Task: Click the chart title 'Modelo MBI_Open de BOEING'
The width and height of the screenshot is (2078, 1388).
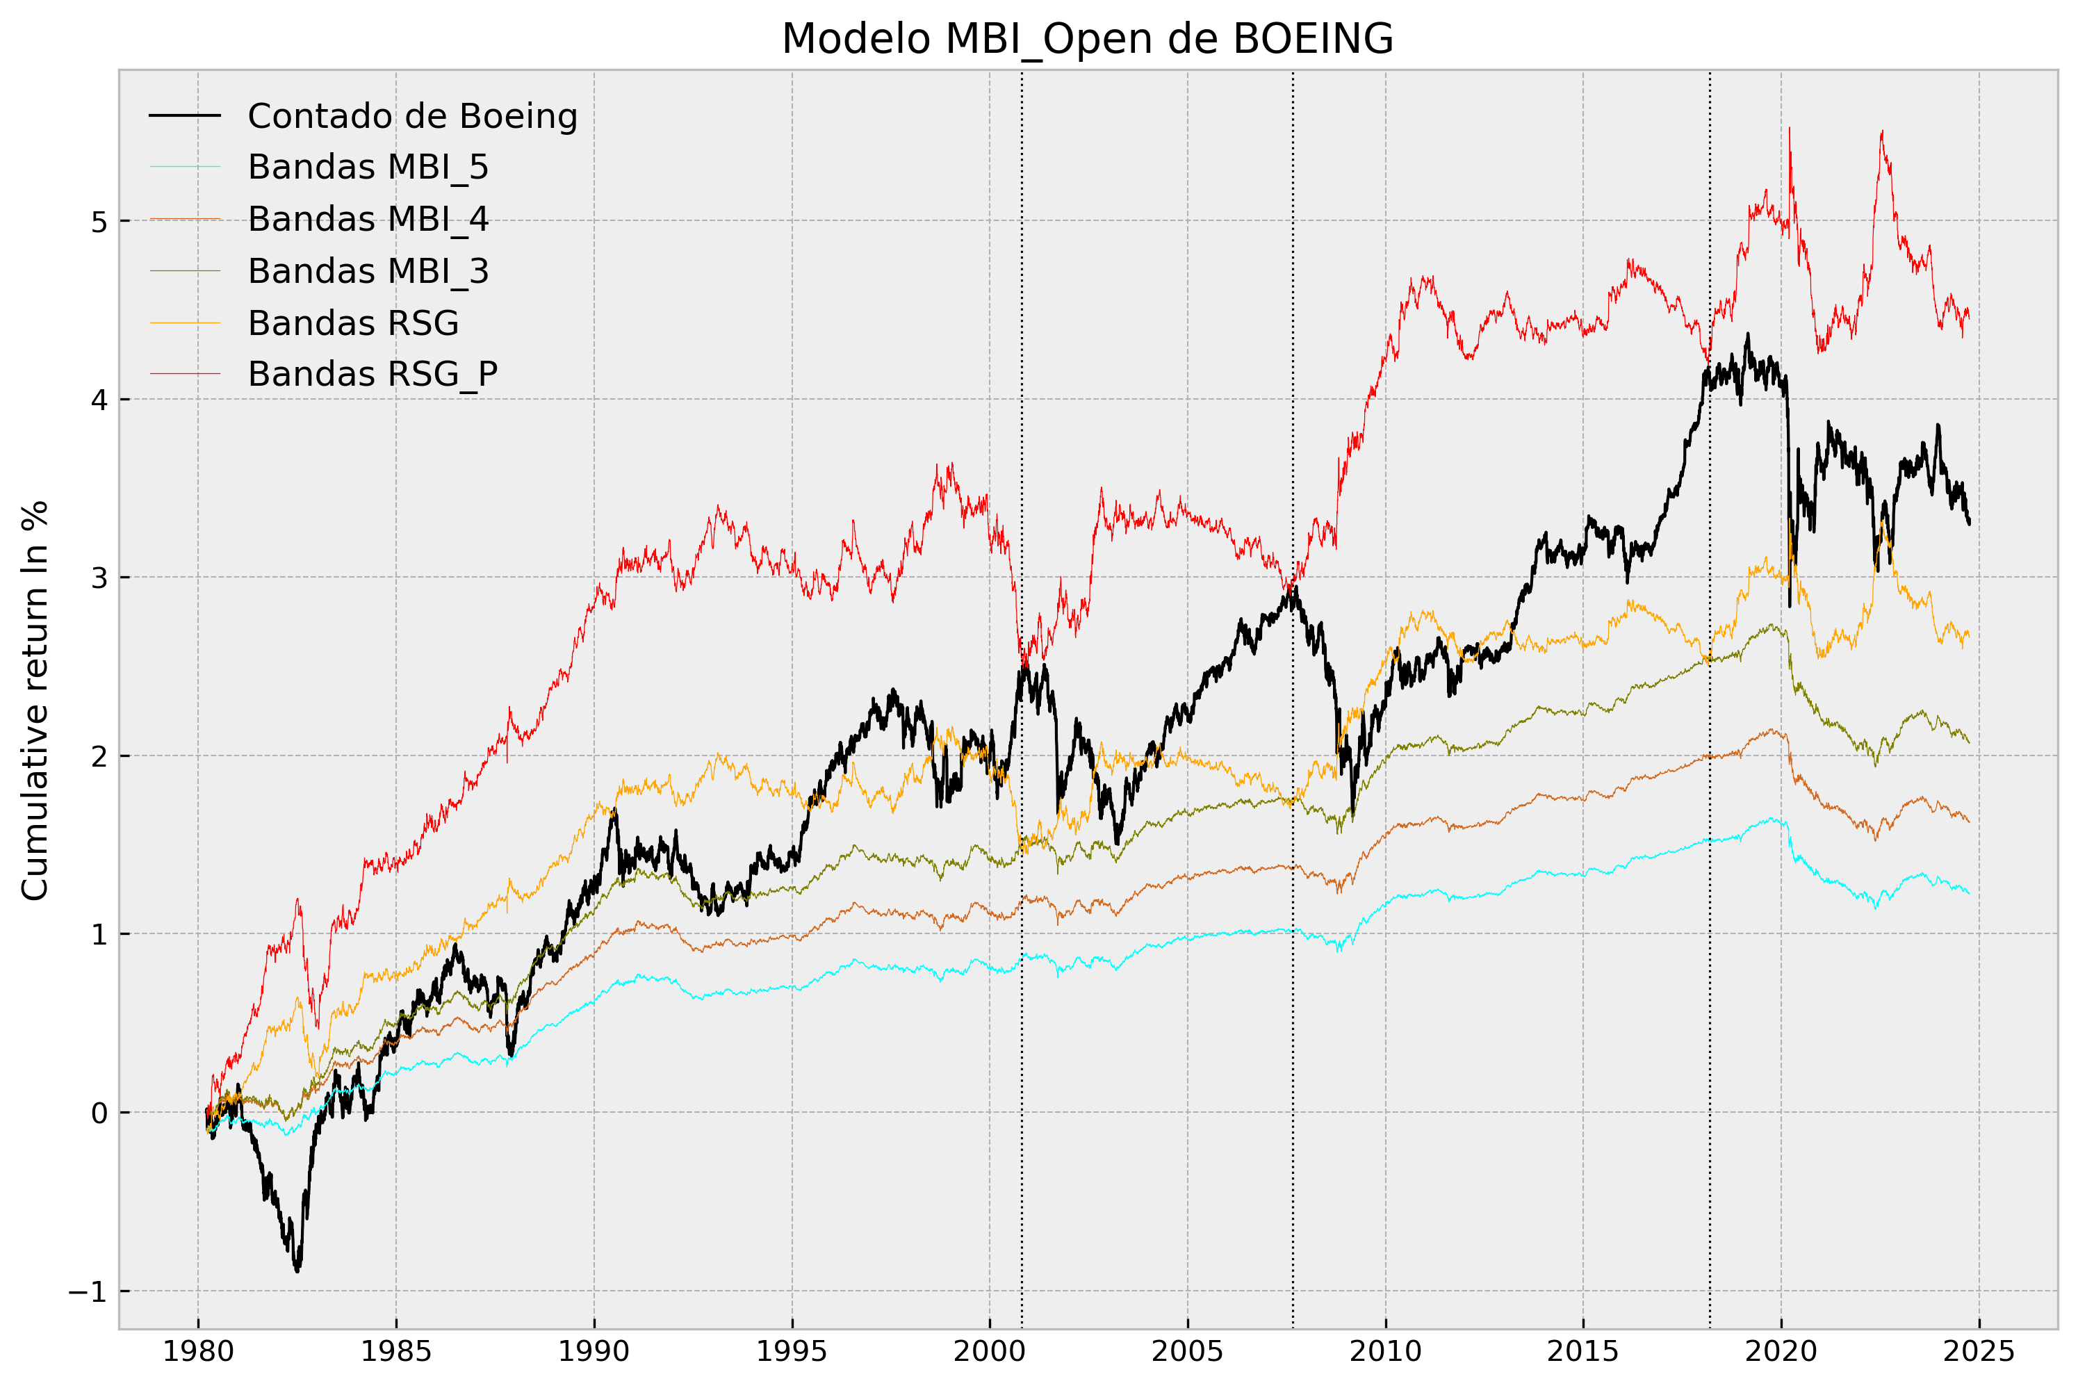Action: [1087, 39]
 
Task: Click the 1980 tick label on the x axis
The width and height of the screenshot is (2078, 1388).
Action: [197, 1351]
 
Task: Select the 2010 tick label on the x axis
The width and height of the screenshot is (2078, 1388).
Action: [1385, 1351]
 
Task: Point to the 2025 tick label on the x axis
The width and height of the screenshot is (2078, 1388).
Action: [1979, 1351]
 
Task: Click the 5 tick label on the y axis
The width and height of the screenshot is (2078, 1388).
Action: [99, 221]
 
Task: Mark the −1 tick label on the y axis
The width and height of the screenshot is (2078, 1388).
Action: [88, 1291]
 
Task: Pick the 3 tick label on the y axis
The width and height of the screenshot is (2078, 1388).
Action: [99, 578]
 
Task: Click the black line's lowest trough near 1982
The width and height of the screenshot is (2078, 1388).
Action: [297, 1271]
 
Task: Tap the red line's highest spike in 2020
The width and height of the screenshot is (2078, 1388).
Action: [1790, 129]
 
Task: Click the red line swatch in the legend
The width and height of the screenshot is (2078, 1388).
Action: [184, 375]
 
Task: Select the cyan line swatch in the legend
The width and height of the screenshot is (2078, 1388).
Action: [184, 168]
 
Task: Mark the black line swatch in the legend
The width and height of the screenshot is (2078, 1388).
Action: [184, 116]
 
